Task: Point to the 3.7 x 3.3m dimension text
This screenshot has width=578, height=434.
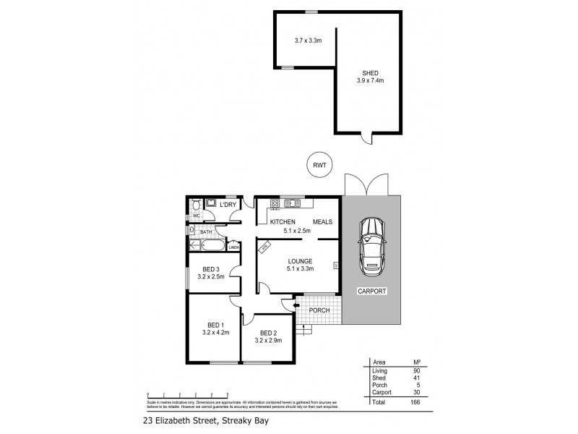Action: [308, 41]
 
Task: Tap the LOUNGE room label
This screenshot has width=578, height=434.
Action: [298, 260]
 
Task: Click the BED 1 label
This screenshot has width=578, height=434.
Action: [216, 325]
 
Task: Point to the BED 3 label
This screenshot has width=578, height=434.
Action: [211, 269]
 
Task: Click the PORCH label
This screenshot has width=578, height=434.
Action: [319, 310]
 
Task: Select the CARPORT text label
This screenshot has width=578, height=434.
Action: [373, 291]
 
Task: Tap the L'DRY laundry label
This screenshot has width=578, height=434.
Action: [228, 205]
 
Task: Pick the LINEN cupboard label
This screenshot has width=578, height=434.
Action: [233, 247]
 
